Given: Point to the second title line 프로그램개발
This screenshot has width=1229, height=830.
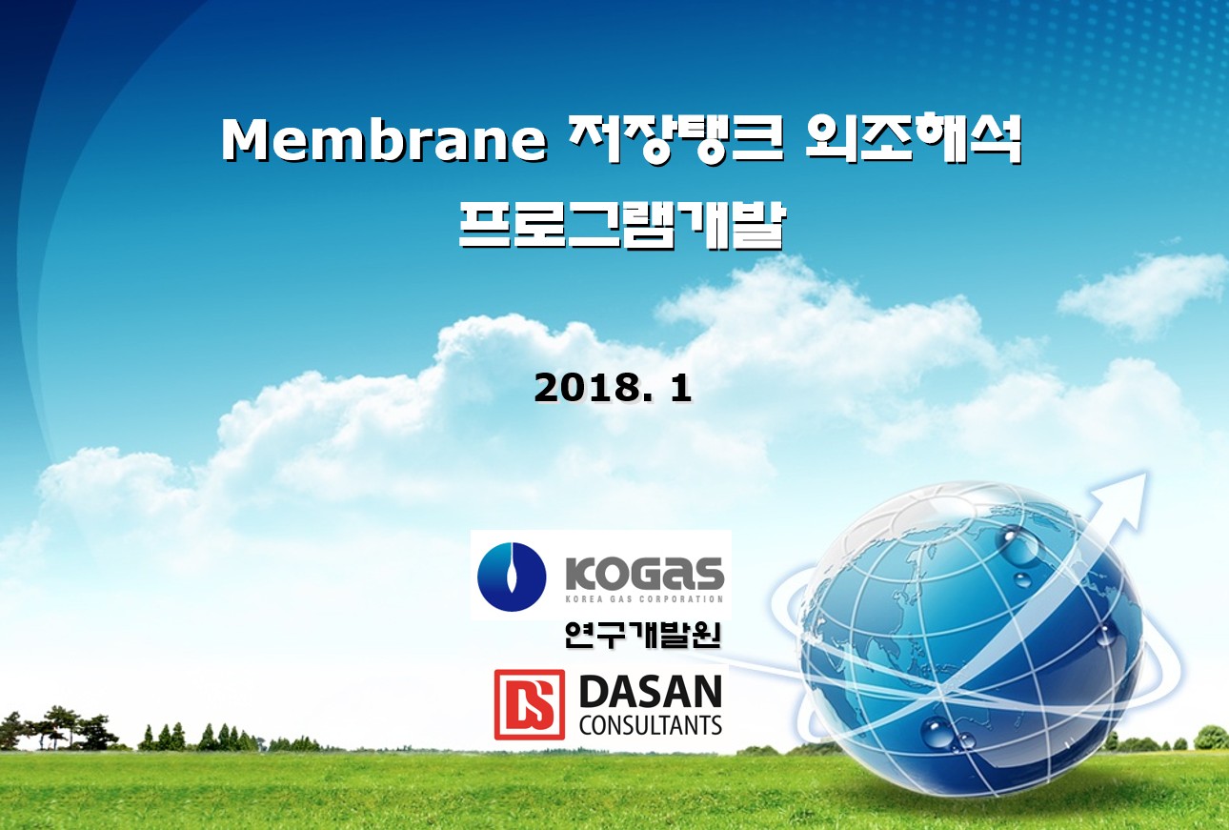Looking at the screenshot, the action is [x=622, y=226].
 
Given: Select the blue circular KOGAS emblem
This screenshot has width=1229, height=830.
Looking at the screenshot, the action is [x=512, y=577].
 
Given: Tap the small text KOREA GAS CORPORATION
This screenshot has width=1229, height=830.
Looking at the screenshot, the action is [x=644, y=598].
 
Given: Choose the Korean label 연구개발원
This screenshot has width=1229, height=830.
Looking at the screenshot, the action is [x=642, y=636].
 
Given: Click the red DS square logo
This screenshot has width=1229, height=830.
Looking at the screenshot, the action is [x=529, y=704].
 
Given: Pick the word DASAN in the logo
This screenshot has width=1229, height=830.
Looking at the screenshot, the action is [x=650, y=692].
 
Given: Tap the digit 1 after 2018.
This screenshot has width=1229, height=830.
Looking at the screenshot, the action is [x=679, y=388].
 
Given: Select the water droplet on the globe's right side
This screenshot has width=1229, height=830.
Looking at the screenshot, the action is [x=1104, y=637].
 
